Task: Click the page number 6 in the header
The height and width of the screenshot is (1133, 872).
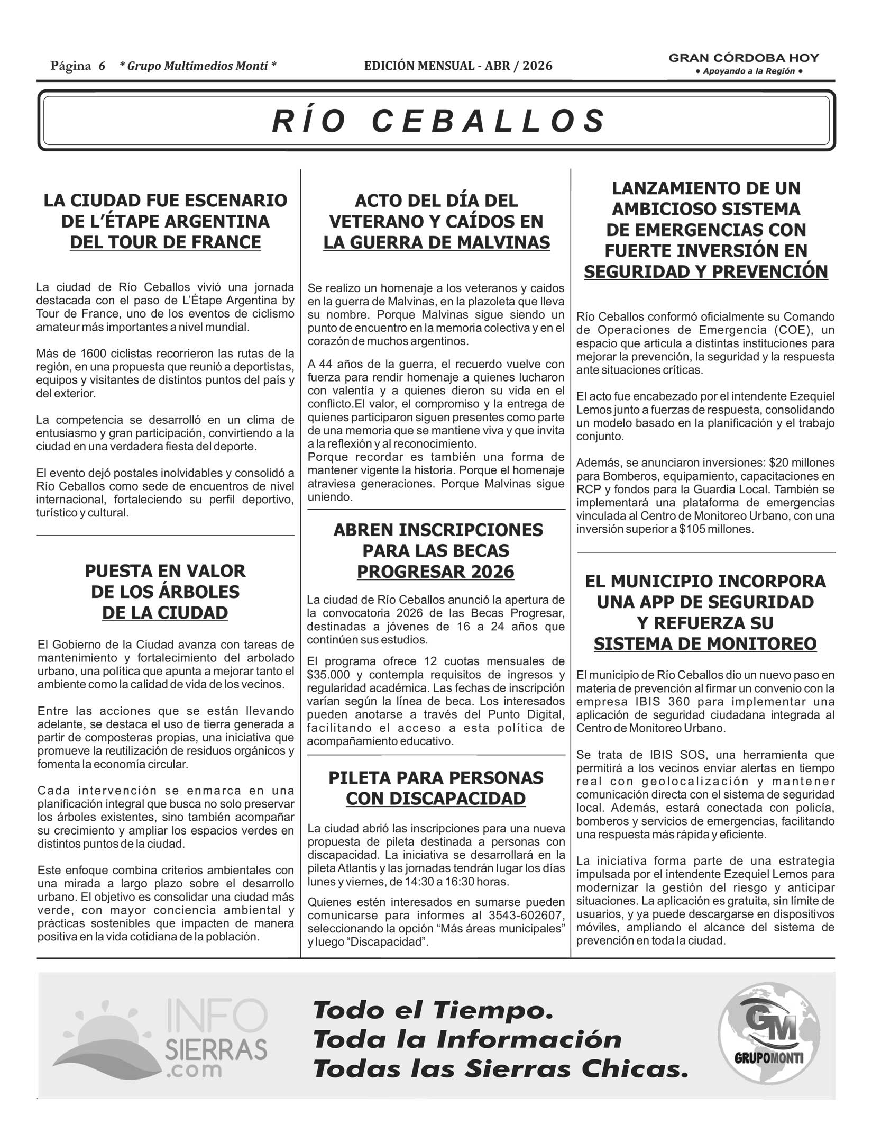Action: [x=102, y=66]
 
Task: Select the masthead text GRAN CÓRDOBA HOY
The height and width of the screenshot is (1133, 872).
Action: [x=744, y=58]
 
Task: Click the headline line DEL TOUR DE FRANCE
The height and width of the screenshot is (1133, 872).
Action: [x=166, y=242]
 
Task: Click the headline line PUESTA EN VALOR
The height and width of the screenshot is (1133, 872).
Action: [x=166, y=571]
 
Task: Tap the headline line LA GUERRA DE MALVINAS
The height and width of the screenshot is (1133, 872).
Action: [x=436, y=242]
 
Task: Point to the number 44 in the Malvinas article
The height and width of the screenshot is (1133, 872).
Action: [x=326, y=364]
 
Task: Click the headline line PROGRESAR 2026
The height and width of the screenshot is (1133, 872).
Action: [x=435, y=572]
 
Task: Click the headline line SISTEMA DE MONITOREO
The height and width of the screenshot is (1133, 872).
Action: [x=705, y=644]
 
